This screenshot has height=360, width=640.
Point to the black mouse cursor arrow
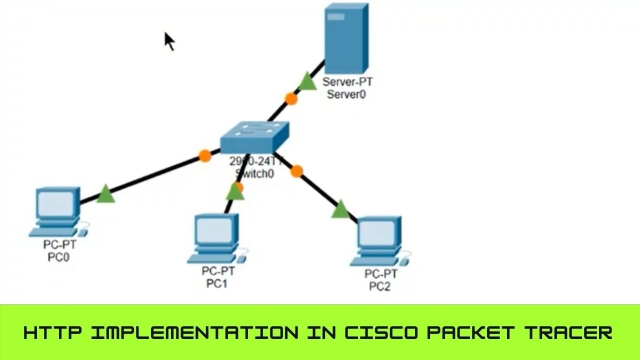(169, 41)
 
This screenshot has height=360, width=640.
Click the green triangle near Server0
(307, 81)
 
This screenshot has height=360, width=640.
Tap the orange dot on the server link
(291, 98)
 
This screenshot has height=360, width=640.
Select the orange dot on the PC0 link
(204, 156)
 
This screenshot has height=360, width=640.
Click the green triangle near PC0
(105, 194)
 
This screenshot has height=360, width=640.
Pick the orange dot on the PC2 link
(296, 171)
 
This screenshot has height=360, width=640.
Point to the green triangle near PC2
(340, 210)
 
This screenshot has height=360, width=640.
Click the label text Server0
(346, 94)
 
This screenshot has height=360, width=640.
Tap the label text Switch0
(254, 173)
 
